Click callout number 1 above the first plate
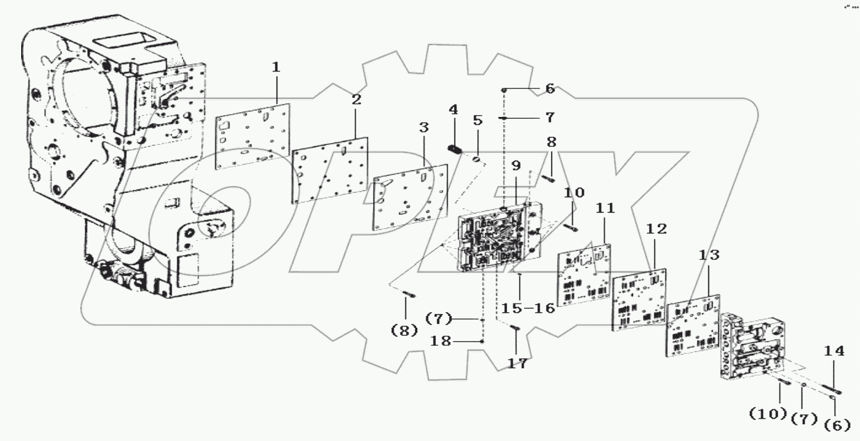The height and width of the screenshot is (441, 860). [x=276, y=67]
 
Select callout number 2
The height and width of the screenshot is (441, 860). [x=356, y=100]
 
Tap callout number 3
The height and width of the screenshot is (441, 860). [x=423, y=128]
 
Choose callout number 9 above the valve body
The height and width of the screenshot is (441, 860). [x=516, y=166]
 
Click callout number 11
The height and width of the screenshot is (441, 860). [x=605, y=208]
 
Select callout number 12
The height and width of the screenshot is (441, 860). [x=656, y=230]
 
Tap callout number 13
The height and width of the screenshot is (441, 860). [x=709, y=255]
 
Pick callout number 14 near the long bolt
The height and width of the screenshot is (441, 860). [x=834, y=351]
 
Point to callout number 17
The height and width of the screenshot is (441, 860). [x=517, y=364]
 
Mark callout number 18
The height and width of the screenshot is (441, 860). [x=460, y=341]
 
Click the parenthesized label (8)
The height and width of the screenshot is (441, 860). [x=404, y=331]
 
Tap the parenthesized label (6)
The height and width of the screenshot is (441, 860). [x=837, y=425]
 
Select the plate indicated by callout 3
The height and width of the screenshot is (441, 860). [x=410, y=196]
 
